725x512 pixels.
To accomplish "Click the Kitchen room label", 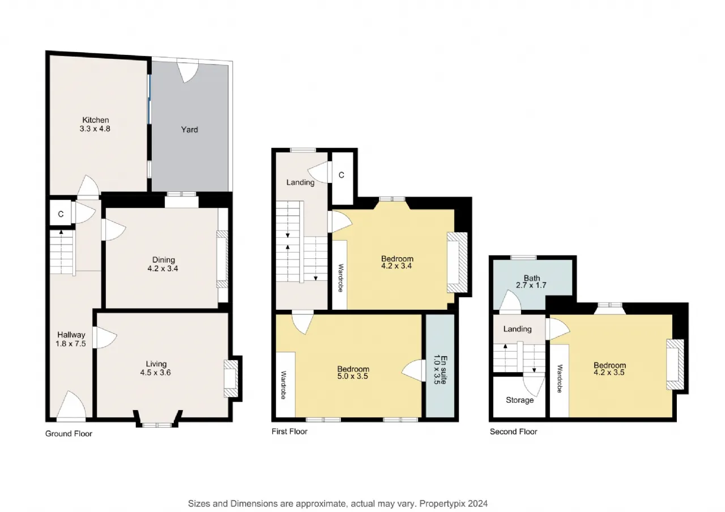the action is point(96,120).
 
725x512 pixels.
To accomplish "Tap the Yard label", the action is point(189,130).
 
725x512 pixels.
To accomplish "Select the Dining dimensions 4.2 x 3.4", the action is point(163,268).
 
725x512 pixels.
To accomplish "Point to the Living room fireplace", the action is point(231,379).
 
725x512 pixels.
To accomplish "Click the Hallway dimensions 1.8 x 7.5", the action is point(71,344).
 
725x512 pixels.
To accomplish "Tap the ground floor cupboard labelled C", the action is point(61,214).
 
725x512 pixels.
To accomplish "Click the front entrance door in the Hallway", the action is point(71,406).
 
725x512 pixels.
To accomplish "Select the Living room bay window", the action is point(157,420).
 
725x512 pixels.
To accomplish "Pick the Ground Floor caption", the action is point(69,434).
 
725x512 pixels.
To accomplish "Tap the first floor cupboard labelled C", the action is point(341,175).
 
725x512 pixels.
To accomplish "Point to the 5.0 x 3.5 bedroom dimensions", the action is point(353,377).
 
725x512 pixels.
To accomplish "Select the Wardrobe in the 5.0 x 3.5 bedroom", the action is point(285,385).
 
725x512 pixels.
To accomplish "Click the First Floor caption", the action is point(289,432).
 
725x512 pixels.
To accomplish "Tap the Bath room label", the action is point(532,278).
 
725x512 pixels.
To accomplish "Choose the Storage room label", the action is point(519,400).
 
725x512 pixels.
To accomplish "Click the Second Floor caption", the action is point(513,432).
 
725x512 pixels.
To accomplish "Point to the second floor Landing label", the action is point(517,329).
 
